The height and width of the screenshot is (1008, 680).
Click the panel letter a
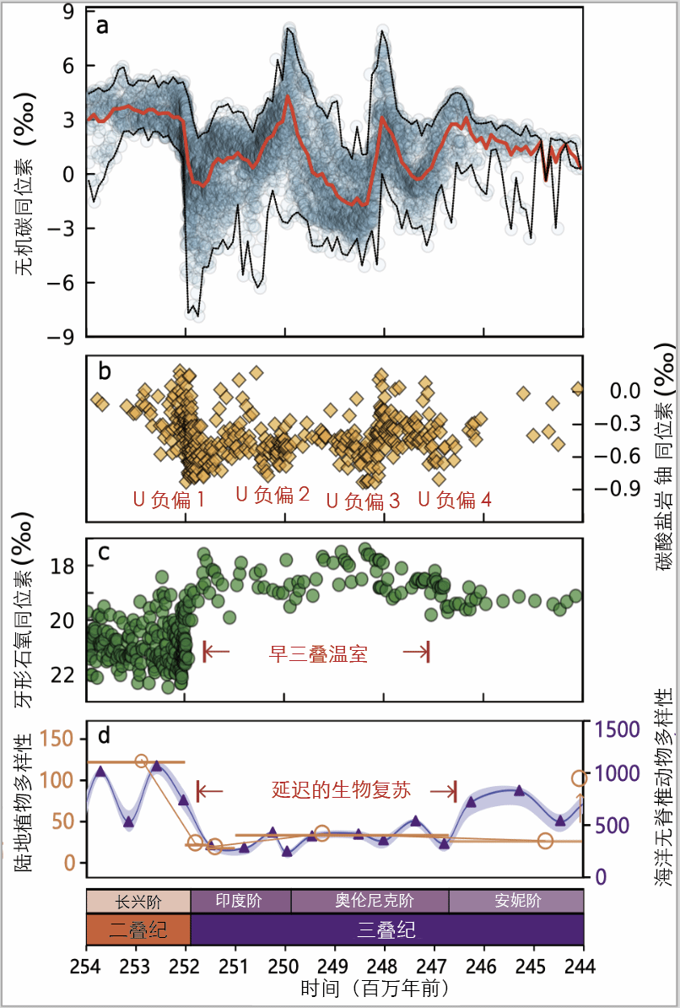(x=102, y=25)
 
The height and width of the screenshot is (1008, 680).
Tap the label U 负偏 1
(x=169, y=498)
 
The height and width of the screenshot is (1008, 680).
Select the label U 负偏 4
(x=456, y=499)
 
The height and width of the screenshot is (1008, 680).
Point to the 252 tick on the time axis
(x=186, y=965)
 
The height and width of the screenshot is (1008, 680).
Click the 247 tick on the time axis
(x=434, y=965)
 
